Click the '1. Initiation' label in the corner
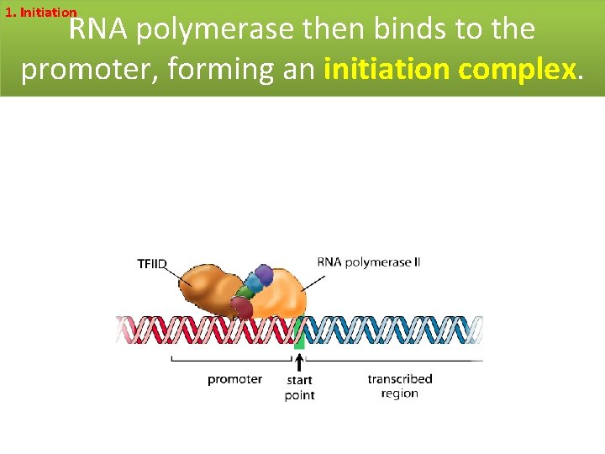40,13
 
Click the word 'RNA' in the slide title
98,30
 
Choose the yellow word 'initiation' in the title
387,69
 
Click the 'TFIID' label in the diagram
152,264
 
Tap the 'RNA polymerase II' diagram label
368,262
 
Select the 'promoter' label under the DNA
234,379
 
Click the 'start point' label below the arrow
299,388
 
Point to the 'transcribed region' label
399,386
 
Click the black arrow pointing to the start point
299,362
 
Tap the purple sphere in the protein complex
264,274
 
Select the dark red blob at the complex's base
242,308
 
